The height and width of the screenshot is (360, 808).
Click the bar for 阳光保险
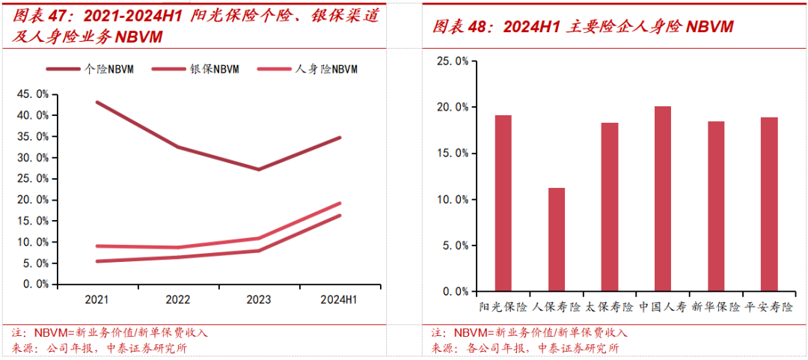coord(503,203)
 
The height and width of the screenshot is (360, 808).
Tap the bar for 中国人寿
coord(663,198)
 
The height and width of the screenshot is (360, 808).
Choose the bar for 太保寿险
coord(609,207)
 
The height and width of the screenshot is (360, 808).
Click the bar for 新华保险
coord(716,206)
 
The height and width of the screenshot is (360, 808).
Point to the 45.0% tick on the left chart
coord(33,94)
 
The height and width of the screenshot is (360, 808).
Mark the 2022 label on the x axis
coord(177,299)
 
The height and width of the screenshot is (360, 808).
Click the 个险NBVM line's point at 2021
coord(97,102)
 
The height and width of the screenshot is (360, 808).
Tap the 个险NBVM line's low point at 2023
coord(258,169)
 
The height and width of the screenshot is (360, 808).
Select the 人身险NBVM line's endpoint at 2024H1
coord(340,203)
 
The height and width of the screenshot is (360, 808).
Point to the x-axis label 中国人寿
coord(663,307)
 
